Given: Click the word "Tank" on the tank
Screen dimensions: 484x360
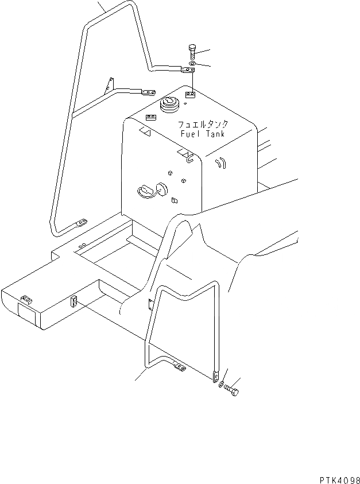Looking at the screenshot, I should point(213,134).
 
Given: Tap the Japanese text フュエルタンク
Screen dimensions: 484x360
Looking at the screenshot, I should point(202,123).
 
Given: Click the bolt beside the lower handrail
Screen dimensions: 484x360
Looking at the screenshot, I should point(232,389).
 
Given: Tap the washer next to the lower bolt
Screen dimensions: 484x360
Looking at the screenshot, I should point(222,382).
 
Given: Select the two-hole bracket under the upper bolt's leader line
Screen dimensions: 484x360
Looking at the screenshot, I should point(191,92).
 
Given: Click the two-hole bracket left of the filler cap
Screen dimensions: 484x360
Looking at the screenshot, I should point(151,117).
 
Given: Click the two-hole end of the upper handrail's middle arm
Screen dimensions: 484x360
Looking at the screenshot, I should point(149,91).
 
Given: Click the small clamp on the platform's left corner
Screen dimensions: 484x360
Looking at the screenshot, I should point(25,299).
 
